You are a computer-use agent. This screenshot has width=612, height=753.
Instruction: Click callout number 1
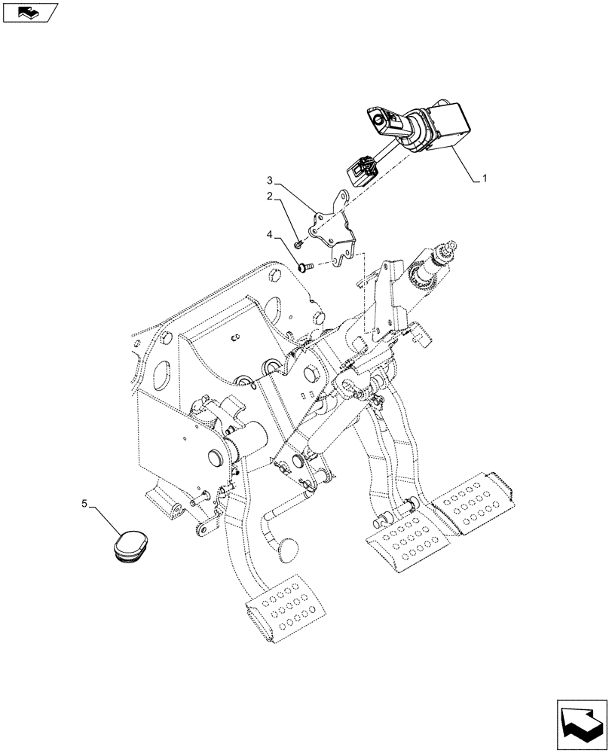[x=485, y=179]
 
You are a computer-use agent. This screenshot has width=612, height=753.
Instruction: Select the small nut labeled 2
[x=299, y=242]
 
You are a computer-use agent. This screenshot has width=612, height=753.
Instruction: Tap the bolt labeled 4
[x=306, y=266]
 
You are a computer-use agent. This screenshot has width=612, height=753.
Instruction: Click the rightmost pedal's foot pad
[x=478, y=502]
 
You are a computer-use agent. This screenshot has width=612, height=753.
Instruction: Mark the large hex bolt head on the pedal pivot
[x=311, y=374]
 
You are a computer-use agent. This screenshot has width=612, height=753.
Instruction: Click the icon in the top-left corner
[x=29, y=11]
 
